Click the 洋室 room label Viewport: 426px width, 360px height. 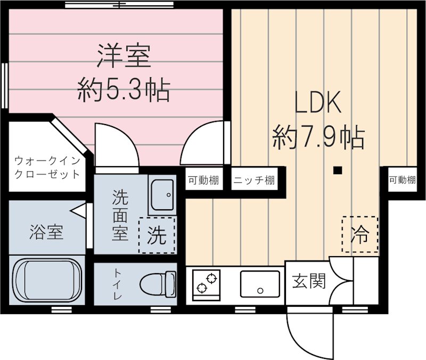coord(124,57)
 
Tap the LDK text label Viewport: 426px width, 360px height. coord(318,104)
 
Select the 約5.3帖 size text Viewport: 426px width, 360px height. coord(124,90)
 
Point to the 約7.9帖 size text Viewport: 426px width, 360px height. coord(318,138)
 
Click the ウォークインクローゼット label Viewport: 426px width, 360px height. coord(47,167)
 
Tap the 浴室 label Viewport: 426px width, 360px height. coord(47,233)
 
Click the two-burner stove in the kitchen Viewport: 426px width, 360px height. coord(207,283)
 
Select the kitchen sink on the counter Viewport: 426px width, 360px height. coord(260,283)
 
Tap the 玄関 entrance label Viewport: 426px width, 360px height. coord(308,281)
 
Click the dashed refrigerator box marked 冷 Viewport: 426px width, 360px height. coord(360,234)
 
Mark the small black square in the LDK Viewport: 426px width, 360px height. coord(337,170)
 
